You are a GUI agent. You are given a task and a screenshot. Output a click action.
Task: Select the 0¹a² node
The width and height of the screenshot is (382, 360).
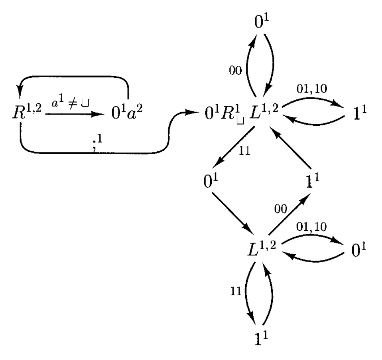pos(126,115)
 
